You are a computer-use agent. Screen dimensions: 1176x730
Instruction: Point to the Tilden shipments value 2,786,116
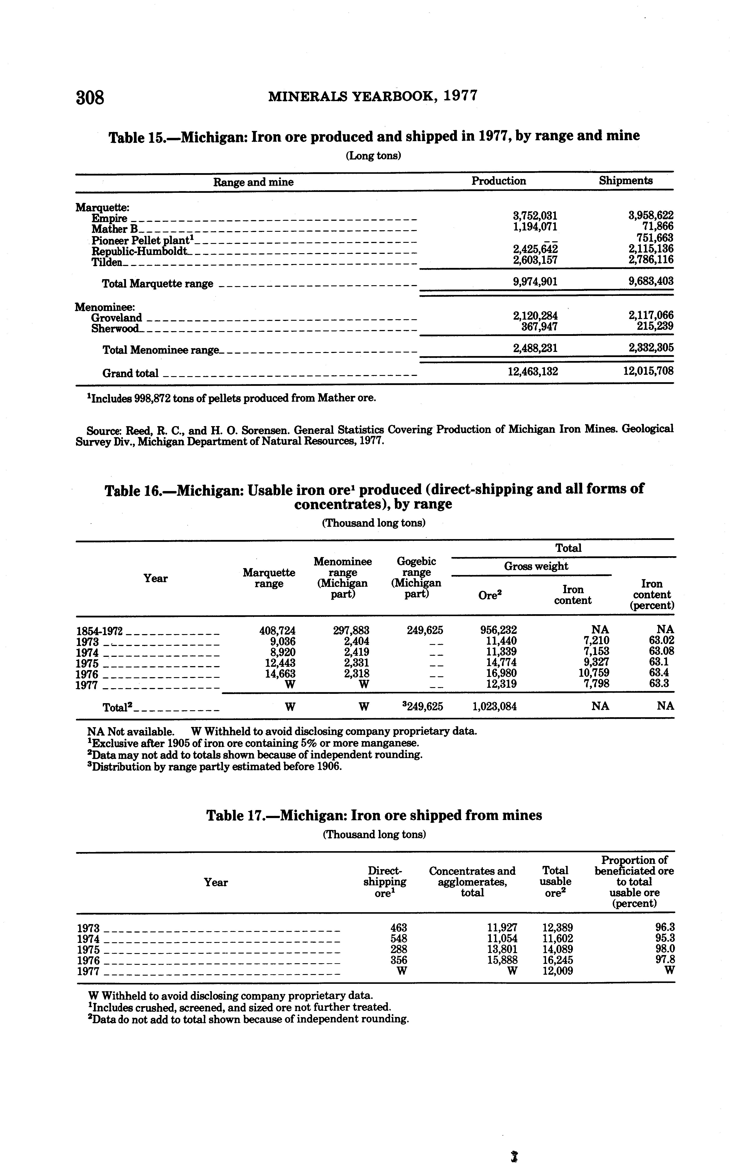tap(650, 260)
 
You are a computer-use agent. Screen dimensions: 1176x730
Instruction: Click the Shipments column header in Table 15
tap(626, 180)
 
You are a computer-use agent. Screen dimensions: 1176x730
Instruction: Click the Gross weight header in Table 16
tap(536, 566)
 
